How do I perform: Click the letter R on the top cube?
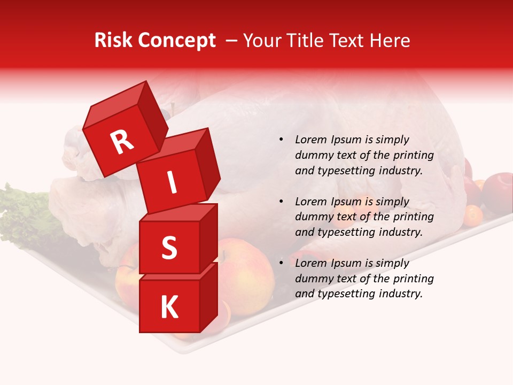[122, 142]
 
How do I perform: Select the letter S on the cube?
[169, 248]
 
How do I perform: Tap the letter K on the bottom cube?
[169, 307]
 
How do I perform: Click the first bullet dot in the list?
[281, 140]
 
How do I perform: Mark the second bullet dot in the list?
[281, 202]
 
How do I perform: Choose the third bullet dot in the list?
[281, 263]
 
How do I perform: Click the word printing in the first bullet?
[414, 156]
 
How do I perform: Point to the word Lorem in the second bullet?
[310, 202]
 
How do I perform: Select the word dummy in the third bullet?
[313, 279]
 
